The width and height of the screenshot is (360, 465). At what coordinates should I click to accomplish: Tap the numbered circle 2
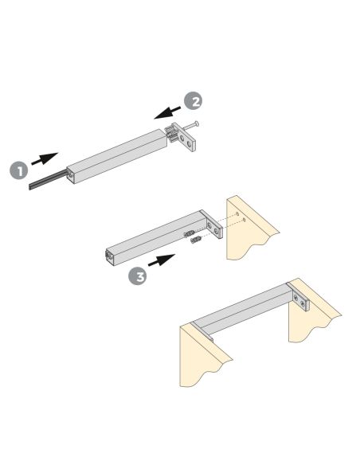point(193,101)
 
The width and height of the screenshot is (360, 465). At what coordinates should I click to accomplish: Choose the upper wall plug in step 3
point(190,232)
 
